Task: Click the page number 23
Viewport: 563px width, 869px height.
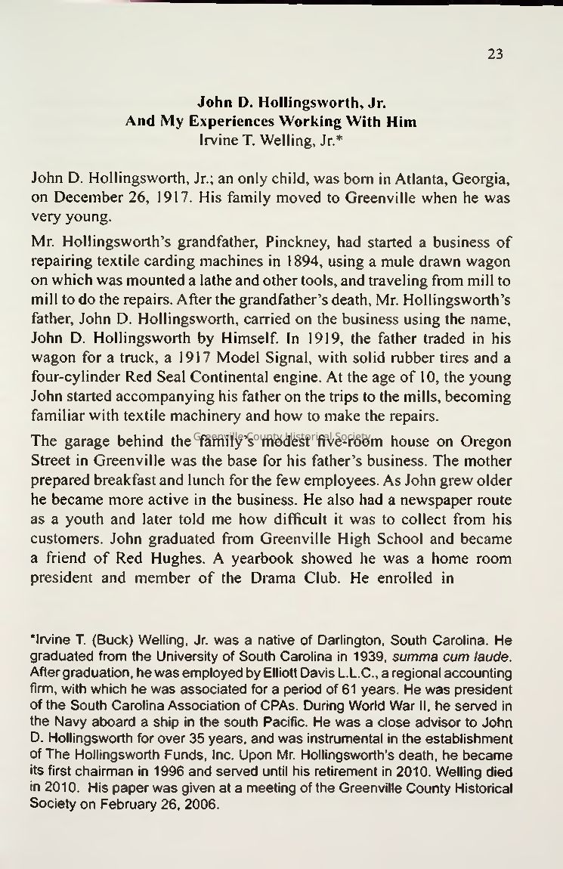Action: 495,54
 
